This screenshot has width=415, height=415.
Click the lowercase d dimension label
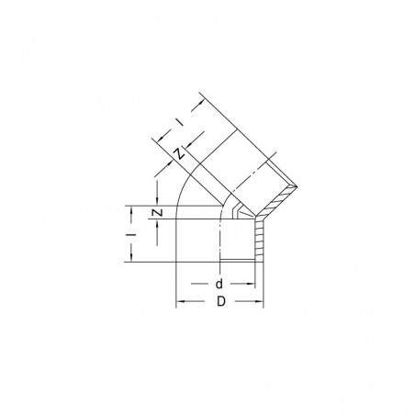tap(219, 285)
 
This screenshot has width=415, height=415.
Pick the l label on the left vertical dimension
tap(132, 236)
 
